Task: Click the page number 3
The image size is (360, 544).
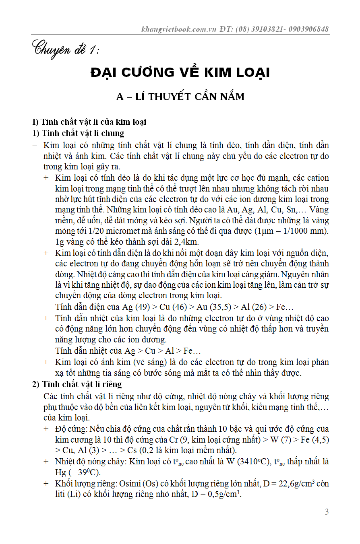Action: [x=327, y=512]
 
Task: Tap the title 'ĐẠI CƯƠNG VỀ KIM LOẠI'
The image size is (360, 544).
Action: [x=180, y=72]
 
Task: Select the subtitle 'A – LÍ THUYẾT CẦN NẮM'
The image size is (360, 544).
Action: [x=180, y=97]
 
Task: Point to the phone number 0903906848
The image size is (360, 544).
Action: [x=309, y=29]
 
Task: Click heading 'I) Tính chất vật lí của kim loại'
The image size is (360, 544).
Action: [x=89, y=122]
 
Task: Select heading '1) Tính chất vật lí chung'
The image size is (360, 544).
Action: [x=78, y=133]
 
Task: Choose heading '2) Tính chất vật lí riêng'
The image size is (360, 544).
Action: [x=77, y=384]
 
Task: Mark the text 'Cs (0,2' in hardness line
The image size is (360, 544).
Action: [x=143, y=450]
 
